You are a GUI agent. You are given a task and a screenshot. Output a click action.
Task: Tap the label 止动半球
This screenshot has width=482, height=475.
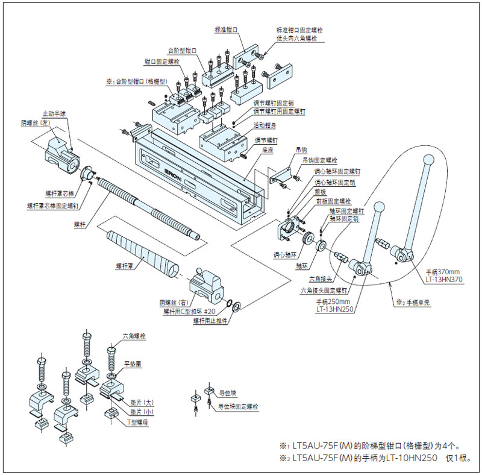pos(54,113)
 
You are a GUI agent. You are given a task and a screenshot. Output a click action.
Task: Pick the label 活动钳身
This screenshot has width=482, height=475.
pos(266,125)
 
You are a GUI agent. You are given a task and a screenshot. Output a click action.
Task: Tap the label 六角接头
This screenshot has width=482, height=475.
pos(320,279)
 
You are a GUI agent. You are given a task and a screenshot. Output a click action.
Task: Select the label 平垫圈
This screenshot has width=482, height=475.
pos(133,364)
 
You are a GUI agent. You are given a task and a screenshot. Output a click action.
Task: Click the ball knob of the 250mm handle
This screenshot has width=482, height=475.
pos(380,206)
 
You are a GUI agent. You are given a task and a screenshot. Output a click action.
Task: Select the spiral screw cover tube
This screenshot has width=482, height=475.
pos(142,251)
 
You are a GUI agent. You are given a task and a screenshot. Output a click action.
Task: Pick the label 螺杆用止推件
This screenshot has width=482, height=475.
pos(211,321)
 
